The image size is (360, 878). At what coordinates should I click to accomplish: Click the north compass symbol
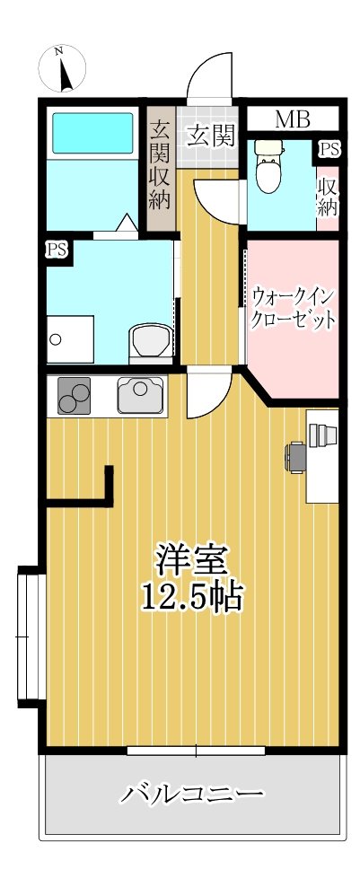click(61, 68)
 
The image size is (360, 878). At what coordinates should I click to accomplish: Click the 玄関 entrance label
click(211, 136)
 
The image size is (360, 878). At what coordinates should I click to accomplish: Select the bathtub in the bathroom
click(92, 133)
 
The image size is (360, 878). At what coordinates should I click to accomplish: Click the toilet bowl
click(268, 169)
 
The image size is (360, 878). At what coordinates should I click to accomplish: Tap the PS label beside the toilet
click(329, 148)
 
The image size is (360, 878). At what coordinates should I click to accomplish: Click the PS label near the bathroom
click(57, 250)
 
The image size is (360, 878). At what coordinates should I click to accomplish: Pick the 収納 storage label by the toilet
click(327, 197)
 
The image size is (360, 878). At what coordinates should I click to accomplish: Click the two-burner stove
click(75, 396)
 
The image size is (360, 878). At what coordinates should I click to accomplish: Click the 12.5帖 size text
click(192, 596)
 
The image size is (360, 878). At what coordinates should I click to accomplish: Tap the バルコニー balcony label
click(192, 794)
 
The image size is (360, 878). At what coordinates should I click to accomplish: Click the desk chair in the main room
click(295, 456)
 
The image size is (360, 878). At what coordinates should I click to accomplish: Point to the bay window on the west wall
click(30, 637)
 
